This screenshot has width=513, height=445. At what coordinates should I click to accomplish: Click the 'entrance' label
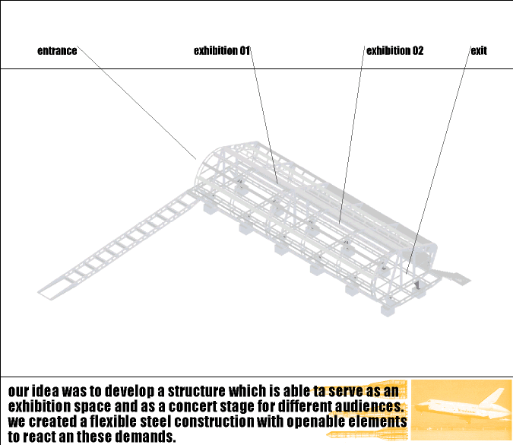click(x=57, y=51)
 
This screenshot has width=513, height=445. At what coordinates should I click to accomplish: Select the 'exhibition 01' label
click(x=222, y=51)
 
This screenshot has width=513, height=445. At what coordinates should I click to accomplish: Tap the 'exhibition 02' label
click(x=395, y=51)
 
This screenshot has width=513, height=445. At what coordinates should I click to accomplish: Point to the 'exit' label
click(x=479, y=51)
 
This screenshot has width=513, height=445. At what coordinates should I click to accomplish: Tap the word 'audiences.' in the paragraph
click(x=369, y=406)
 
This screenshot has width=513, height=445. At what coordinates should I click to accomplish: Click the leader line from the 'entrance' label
click(x=137, y=103)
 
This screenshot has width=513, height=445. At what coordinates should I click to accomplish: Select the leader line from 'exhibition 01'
click(x=264, y=116)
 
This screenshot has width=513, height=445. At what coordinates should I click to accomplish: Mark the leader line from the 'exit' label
click(x=439, y=160)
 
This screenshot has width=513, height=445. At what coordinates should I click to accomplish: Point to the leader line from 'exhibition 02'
click(x=352, y=135)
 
